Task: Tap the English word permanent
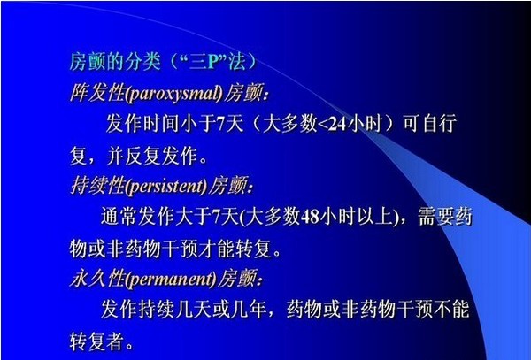[x=171, y=280]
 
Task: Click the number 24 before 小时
[x=337, y=124]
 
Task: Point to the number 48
[x=310, y=217]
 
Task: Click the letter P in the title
[x=212, y=62]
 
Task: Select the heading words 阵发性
[x=97, y=93]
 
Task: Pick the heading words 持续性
[x=97, y=186]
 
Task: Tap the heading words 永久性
[x=97, y=279]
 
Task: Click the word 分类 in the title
[x=142, y=62]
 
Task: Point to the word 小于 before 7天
[x=197, y=123]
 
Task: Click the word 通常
[x=119, y=216]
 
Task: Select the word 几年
[x=248, y=309]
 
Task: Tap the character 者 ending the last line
[x=114, y=341]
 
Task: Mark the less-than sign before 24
[x=323, y=125]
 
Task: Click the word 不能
[x=451, y=309]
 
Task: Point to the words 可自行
[x=429, y=123]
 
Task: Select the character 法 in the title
[x=236, y=62]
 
